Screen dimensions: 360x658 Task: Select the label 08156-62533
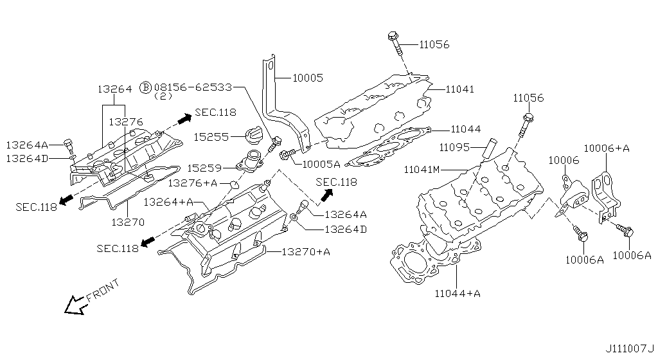pos(193,86)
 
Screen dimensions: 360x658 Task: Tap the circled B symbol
pos(145,87)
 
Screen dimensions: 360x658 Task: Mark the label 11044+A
pos(457,294)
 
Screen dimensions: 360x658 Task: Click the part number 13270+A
pos(305,251)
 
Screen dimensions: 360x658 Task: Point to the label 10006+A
pos(607,148)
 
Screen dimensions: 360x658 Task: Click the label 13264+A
pos(168,202)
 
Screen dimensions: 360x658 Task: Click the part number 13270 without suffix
pos(127,222)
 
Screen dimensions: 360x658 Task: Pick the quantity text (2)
pos(163,96)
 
